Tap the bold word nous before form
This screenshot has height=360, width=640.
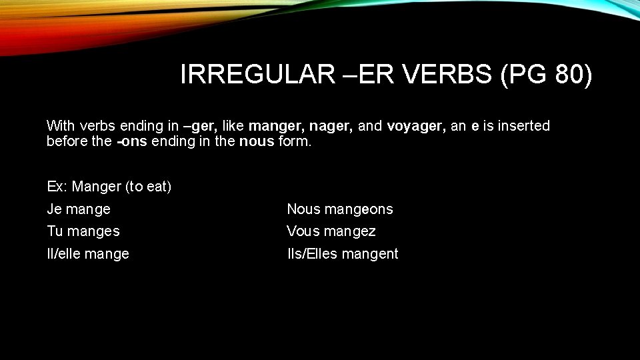(256, 142)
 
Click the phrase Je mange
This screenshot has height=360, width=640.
(79, 209)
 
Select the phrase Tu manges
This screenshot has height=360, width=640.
(83, 231)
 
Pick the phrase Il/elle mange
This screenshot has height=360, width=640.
(88, 254)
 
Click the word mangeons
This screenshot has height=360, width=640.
(359, 209)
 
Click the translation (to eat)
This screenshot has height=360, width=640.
(148, 187)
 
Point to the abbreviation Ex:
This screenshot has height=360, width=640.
(57, 187)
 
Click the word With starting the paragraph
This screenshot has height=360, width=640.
(61, 126)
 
